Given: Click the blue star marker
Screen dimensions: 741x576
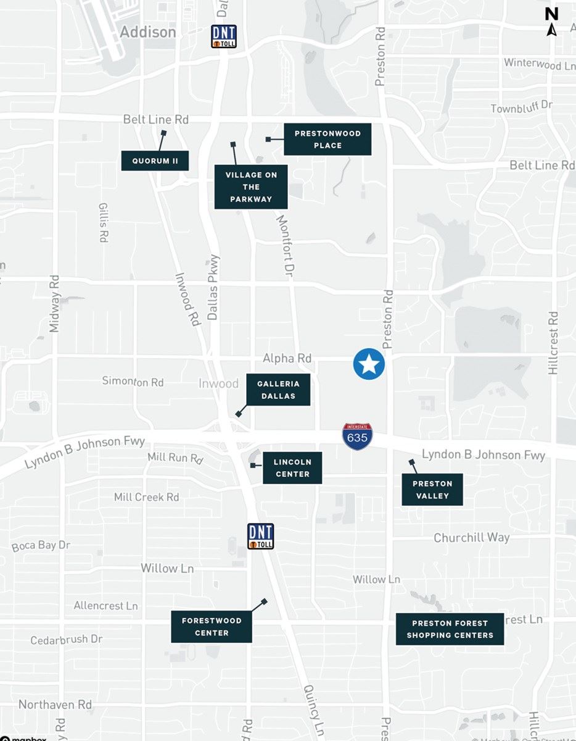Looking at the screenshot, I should click(x=369, y=364).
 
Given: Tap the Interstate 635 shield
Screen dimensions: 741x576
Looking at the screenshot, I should click(x=357, y=436).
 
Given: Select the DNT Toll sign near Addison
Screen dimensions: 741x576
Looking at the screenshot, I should click(x=223, y=36).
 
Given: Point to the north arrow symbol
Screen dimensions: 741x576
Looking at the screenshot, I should click(x=552, y=22).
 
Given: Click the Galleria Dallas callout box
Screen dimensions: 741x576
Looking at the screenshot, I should click(x=278, y=390).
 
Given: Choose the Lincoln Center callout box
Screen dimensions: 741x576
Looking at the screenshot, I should click(x=292, y=467).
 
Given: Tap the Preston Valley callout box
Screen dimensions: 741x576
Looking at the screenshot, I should click(x=432, y=490).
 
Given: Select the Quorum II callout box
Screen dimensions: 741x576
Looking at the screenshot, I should click(x=155, y=161).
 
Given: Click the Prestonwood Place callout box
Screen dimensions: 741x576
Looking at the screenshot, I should click(x=327, y=140).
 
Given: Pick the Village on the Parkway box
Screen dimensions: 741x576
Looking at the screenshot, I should click(x=251, y=187).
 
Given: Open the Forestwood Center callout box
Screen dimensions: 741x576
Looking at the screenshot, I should click(x=212, y=627).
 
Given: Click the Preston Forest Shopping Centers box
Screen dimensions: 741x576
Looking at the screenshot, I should click(x=450, y=629).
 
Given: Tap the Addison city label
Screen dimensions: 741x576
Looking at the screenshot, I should click(x=148, y=32).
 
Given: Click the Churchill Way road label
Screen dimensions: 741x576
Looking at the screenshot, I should click(x=471, y=538).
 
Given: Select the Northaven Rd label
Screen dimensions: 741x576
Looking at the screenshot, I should click(x=55, y=705).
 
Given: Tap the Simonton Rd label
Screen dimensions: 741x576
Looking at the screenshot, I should click(x=133, y=382).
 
